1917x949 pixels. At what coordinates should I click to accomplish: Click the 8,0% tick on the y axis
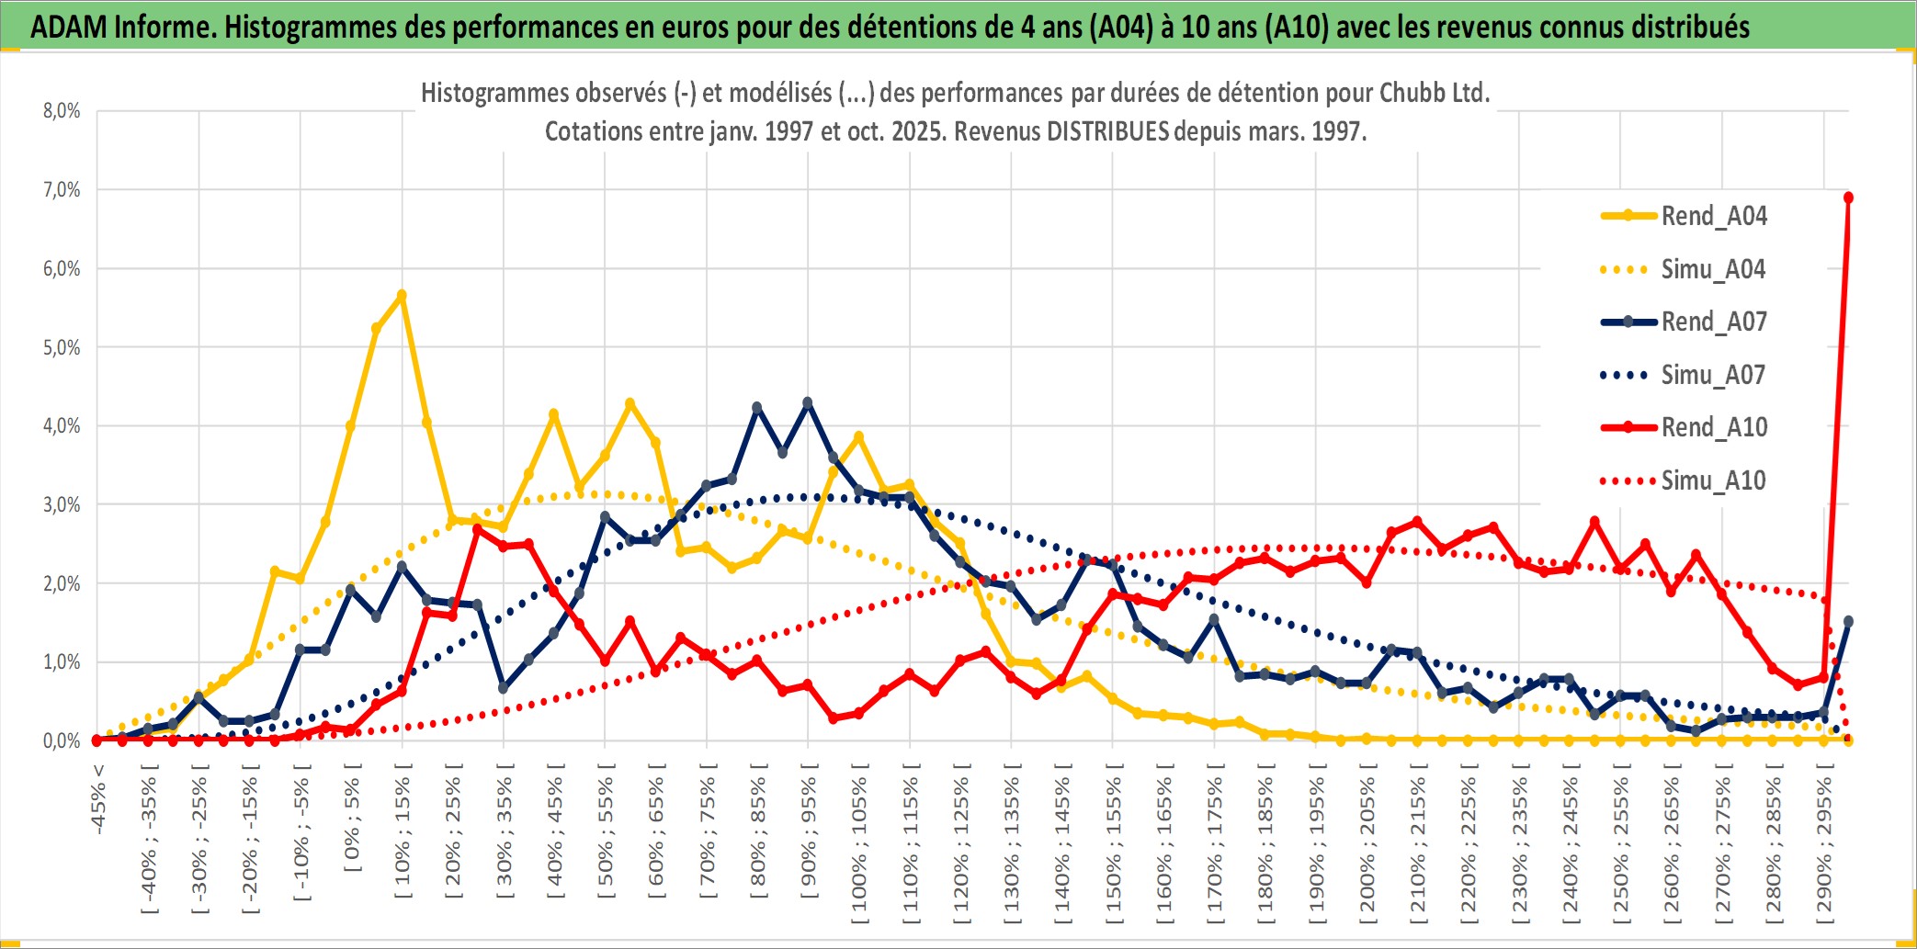[x=62, y=111]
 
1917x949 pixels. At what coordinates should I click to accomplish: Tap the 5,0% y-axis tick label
[x=62, y=347]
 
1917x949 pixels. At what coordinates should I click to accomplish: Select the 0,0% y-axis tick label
[x=62, y=740]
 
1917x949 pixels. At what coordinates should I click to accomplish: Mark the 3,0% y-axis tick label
[x=62, y=504]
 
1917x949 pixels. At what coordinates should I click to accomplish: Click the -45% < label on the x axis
[x=98, y=799]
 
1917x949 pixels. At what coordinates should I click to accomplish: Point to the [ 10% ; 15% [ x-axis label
[x=403, y=836]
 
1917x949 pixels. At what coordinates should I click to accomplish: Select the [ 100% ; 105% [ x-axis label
[x=859, y=845]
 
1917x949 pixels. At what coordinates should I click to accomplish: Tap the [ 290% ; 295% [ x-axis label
[x=1824, y=845]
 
